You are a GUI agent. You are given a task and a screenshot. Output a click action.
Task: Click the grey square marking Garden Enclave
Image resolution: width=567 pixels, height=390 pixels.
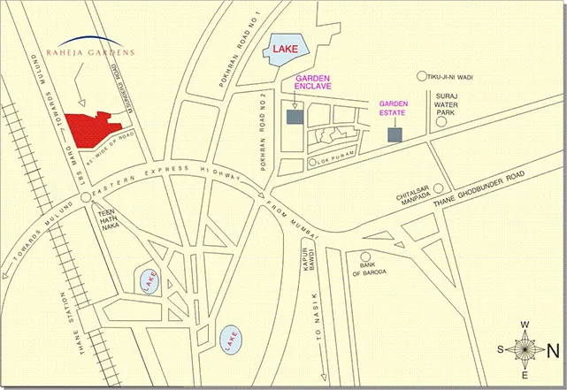[294, 117]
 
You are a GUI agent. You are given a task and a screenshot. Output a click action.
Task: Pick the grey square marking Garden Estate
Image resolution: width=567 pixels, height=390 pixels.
[395, 134]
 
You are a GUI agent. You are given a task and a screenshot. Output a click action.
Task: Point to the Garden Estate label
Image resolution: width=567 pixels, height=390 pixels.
[395, 108]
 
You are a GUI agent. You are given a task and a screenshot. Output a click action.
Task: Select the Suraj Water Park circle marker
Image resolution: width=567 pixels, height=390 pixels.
[441, 124]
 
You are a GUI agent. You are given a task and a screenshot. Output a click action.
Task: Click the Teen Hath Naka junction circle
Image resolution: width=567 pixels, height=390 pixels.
[86, 198]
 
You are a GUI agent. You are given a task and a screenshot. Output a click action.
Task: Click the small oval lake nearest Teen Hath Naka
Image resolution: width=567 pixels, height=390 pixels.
[148, 280]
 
